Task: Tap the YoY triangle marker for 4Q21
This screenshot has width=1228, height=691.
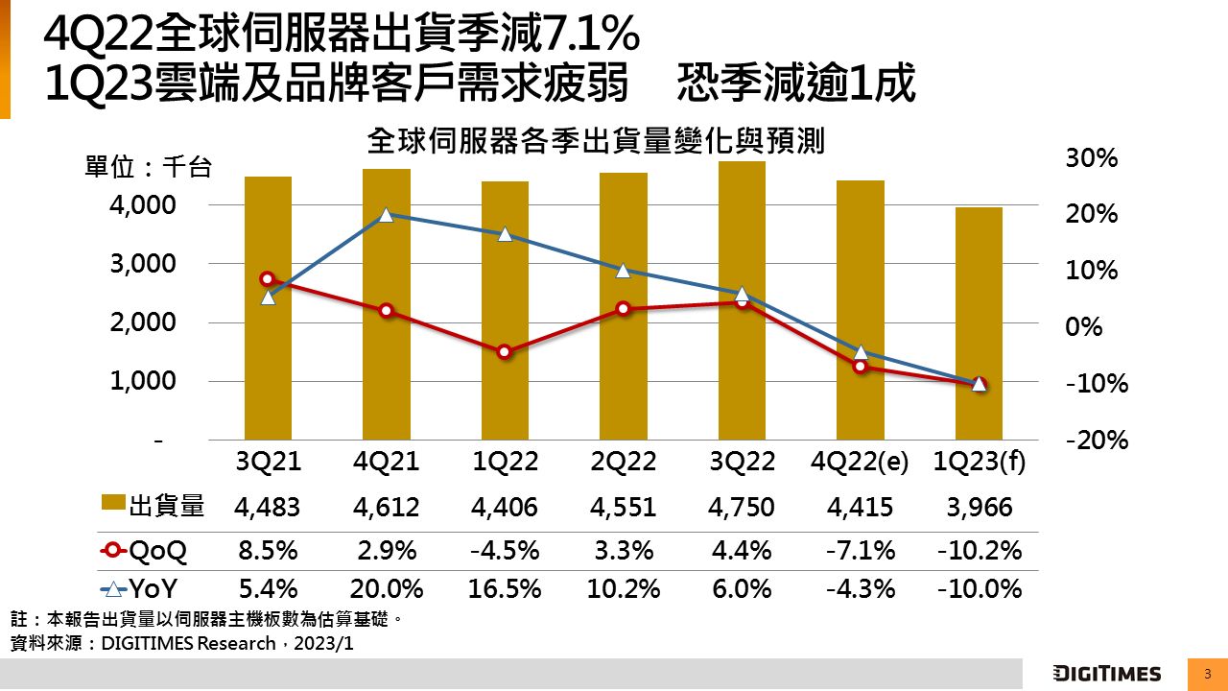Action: (386, 215)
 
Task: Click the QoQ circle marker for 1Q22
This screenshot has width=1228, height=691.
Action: (505, 351)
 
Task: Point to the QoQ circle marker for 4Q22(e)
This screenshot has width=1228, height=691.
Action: (861, 366)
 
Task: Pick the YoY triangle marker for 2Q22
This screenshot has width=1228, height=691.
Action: (623, 271)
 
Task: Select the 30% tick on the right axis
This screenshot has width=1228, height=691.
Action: (1092, 158)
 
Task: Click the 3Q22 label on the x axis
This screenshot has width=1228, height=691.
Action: (742, 462)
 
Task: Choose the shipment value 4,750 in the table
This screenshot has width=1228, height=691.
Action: (742, 507)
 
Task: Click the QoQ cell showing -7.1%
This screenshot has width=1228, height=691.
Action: (861, 551)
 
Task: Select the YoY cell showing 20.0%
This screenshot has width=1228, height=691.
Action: (386, 589)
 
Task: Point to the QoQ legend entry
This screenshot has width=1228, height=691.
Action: (144, 551)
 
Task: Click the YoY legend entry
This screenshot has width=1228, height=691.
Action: (144, 589)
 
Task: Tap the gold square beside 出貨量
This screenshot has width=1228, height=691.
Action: (113, 506)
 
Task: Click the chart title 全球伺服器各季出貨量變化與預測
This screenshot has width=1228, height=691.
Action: (596, 142)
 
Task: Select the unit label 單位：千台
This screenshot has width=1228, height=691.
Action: (148, 168)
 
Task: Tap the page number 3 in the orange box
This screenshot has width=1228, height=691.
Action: (1207, 674)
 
